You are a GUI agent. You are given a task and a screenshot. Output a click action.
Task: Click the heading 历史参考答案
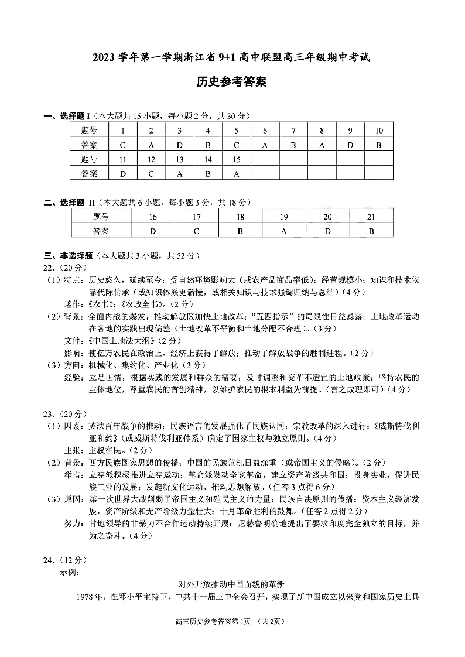point(232,83)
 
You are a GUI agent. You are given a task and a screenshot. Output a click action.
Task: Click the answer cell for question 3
point(180,145)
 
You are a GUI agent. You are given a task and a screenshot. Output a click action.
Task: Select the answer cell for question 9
point(350,145)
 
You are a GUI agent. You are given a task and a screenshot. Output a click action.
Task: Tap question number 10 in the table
point(379,130)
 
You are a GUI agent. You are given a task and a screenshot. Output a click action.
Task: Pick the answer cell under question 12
point(151,173)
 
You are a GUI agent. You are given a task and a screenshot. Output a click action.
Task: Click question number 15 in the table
point(237,159)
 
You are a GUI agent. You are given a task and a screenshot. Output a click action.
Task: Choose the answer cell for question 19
point(283,231)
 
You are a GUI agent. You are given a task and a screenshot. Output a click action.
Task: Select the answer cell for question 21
point(371,231)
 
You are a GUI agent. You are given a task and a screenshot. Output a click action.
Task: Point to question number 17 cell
point(196,217)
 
